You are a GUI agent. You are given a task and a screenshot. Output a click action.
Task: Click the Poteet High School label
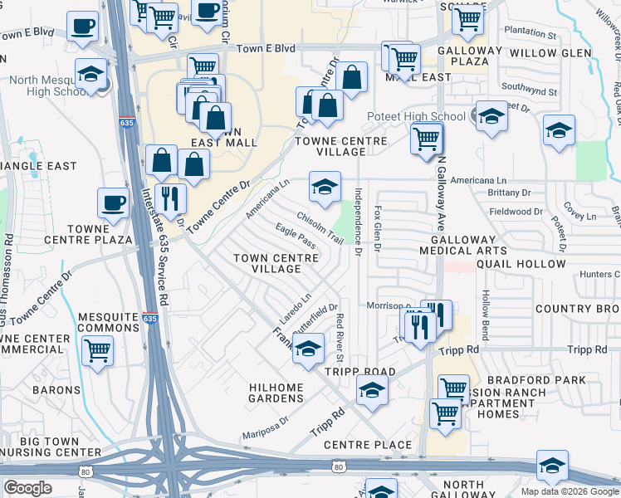pyautogui.click(x=426, y=117)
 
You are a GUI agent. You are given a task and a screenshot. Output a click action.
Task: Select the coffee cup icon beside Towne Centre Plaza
pyautogui.click(x=113, y=203)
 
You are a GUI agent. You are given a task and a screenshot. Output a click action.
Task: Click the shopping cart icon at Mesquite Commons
pyautogui.click(x=98, y=352)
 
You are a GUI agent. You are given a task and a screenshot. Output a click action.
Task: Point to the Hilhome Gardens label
pyautogui.click(x=276, y=393)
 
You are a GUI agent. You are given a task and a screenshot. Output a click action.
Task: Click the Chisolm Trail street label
pyautogui.click(x=320, y=231)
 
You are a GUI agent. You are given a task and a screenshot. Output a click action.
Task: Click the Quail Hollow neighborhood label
pyautogui.click(x=526, y=265)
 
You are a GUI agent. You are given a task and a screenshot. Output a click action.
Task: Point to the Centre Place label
pyautogui.click(x=368, y=445)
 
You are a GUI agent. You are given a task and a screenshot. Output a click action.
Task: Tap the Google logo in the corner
pyautogui.click(x=27, y=487)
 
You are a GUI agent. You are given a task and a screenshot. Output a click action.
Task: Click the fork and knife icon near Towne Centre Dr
pyautogui.click(x=170, y=198)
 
